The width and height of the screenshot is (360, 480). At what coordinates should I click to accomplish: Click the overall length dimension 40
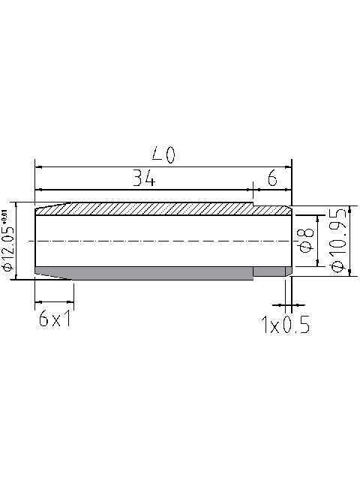163,155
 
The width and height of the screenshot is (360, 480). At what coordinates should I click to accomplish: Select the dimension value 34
144,178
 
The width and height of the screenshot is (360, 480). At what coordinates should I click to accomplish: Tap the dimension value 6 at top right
271,178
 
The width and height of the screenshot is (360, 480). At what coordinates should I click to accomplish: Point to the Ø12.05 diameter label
8,247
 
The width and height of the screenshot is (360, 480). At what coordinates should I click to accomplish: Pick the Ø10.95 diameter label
337,241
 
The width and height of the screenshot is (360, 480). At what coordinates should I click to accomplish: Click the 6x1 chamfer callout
54,320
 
